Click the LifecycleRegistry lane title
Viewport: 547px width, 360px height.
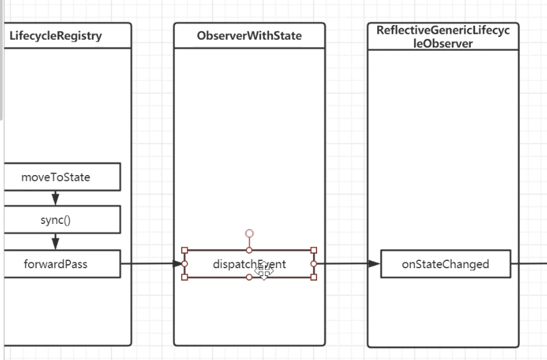(x=55, y=36)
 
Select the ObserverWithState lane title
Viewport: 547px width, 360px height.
(x=249, y=36)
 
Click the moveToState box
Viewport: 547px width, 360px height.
(x=55, y=177)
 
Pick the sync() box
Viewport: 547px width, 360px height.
(x=55, y=220)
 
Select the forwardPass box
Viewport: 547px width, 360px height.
(x=55, y=264)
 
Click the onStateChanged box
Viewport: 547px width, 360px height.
(x=445, y=264)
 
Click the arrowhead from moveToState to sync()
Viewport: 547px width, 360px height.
(x=55, y=199)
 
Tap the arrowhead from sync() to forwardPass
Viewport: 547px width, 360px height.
(x=55, y=243)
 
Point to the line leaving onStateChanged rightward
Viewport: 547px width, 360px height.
(x=529, y=264)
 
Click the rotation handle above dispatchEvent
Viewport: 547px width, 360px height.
(x=249, y=233)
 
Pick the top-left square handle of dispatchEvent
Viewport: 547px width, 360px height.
(x=184, y=250)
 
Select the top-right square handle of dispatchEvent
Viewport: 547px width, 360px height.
(x=314, y=250)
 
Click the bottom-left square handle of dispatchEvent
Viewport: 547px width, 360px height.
(x=184, y=277)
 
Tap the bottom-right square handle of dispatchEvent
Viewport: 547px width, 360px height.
(x=314, y=277)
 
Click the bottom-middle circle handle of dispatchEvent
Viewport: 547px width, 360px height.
(x=249, y=277)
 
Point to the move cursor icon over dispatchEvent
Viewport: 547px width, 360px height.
(x=264, y=270)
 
